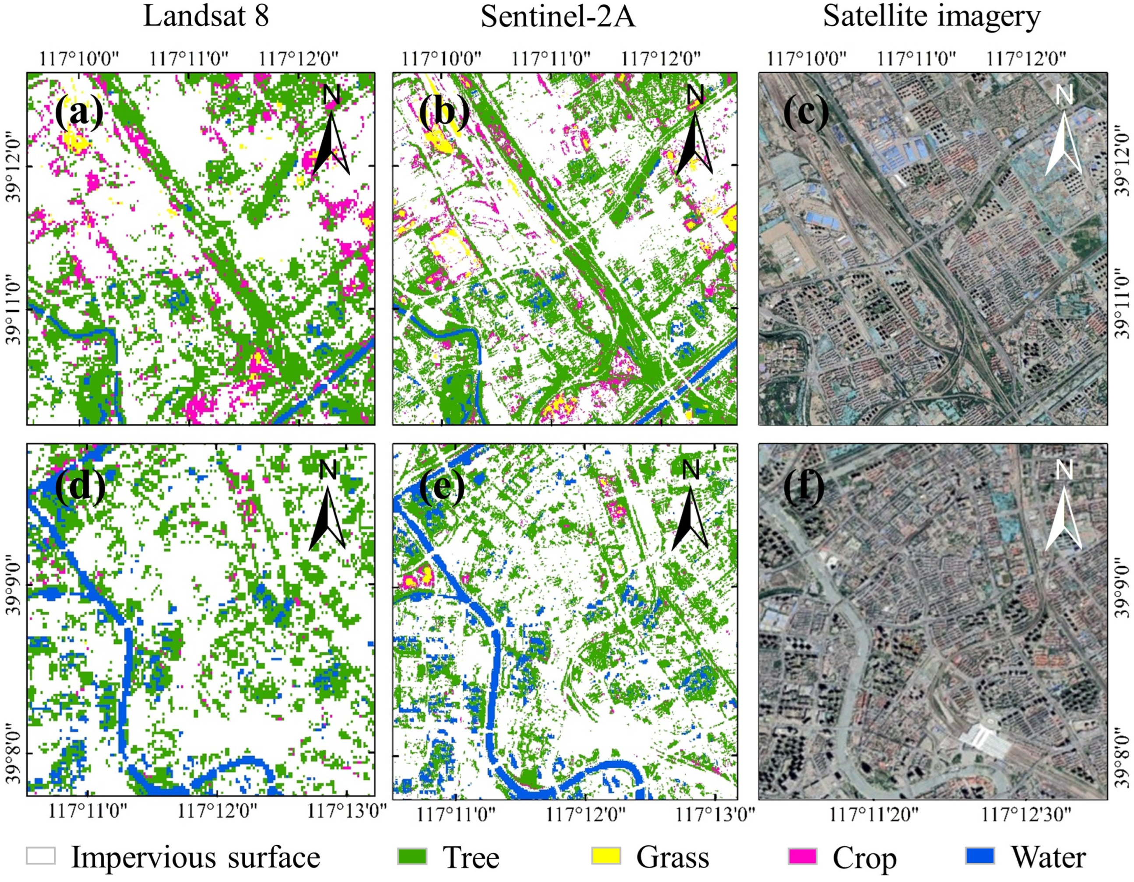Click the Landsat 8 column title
click(x=206, y=17)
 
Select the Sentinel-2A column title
click(x=558, y=17)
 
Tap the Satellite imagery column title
click(x=932, y=17)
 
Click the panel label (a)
click(x=79, y=112)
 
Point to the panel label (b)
click(x=444, y=112)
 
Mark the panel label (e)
click(x=441, y=486)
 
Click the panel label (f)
click(x=804, y=486)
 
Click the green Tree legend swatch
click(x=412, y=856)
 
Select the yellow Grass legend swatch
click(x=606, y=856)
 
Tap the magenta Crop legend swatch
click(x=802, y=856)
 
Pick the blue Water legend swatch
click(x=980, y=856)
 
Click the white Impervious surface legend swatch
click(x=41, y=856)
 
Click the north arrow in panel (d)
click(x=328, y=506)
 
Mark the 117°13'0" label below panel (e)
click(x=715, y=814)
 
